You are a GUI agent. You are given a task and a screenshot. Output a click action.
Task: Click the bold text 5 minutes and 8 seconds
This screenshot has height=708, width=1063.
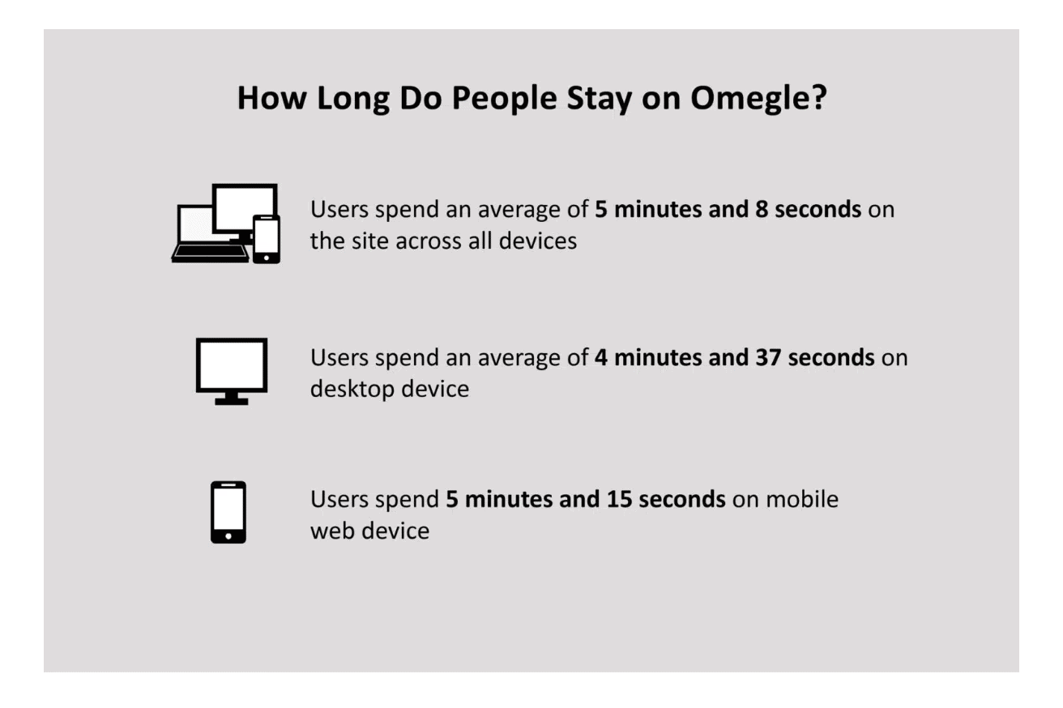[728, 209]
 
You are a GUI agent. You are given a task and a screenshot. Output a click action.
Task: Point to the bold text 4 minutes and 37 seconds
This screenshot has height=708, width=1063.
[734, 356]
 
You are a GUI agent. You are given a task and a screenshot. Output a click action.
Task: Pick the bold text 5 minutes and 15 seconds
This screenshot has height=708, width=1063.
[586, 499]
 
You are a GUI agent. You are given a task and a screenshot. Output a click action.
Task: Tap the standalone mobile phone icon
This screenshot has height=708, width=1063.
[228, 512]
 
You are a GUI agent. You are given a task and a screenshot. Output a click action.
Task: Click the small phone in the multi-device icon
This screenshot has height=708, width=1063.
[266, 239]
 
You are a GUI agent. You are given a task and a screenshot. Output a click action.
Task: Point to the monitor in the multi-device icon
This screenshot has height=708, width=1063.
[244, 207]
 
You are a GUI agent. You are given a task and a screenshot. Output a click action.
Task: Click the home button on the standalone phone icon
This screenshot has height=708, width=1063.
[228, 535]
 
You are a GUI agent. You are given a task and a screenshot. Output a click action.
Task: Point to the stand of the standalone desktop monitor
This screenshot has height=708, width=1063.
[231, 399]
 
